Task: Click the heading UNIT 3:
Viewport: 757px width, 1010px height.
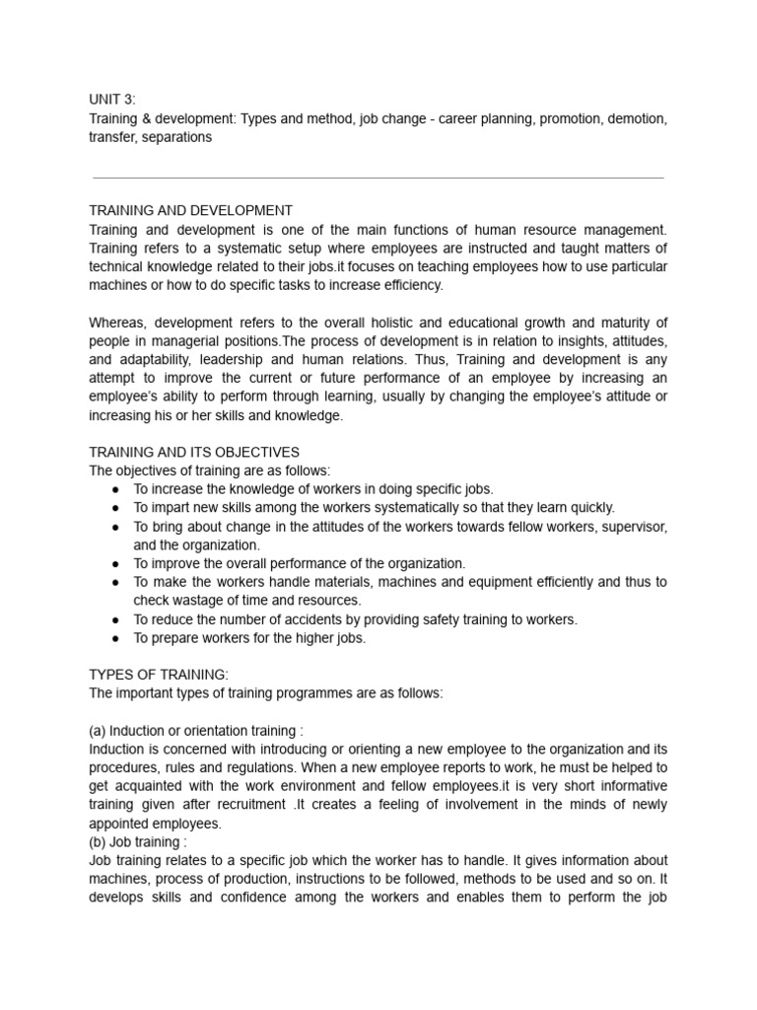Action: (113, 100)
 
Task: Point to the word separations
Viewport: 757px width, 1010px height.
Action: (174, 137)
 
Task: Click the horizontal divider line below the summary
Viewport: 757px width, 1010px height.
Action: (378, 179)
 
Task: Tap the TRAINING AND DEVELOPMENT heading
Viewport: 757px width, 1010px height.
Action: (190, 210)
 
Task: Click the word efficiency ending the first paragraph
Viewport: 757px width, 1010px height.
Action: (410, 285)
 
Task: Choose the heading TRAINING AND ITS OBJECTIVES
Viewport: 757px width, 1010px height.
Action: (194, 452)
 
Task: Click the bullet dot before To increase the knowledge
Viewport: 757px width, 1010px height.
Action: (116, 489)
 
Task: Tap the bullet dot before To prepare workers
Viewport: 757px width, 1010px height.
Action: (116, 638)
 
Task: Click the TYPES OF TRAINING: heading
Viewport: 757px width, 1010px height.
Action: (159, 675)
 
